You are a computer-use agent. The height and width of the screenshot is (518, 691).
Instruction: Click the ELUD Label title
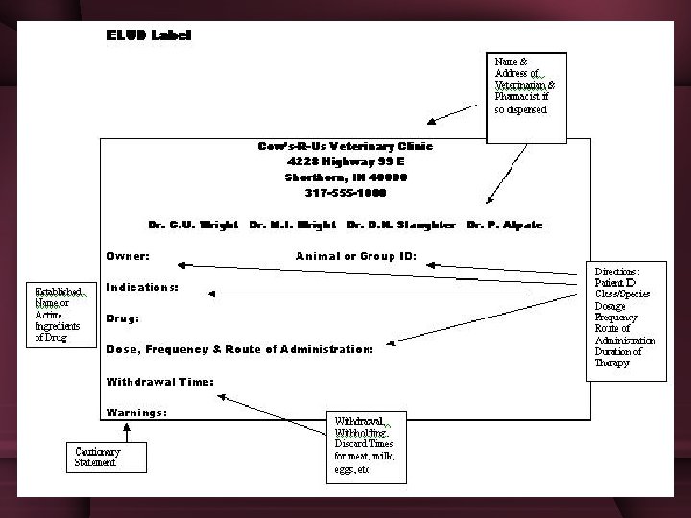pyautogui.click(x=149, y=35)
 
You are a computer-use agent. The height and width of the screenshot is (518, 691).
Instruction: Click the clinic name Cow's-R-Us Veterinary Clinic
pyautogui.click(x=345, y=146)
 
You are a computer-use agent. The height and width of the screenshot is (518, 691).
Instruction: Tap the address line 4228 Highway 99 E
pyautogui.click(x=345, y=161)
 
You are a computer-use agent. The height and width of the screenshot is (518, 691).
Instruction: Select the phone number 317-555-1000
pyautogui.click(x=345, y=192)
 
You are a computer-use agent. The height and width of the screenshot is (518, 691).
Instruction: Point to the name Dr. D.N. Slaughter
pyautogui.click(x=403, y=224)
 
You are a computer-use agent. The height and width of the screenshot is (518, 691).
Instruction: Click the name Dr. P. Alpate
pyautogui.click(x=505, y=224)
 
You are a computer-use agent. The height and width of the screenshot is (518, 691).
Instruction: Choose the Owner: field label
pyautogui.click(x=128, y=256)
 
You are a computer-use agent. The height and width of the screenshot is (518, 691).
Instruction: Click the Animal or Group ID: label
pyautogui.click(x=363, y=256)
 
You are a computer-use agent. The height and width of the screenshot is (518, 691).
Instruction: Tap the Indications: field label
pyautogui.click(x=142, y=287)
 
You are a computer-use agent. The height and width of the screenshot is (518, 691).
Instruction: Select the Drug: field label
pyautogui.click(x=123, y=318)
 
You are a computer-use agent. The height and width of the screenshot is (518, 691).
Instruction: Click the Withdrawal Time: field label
pyautogui.click(x=160, y=381)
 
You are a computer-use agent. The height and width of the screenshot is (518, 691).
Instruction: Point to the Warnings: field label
pyautogui.click(x=137, y=412)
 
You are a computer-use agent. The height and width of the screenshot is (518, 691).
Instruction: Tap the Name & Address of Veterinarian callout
pyautogui.click(x=526, y=86)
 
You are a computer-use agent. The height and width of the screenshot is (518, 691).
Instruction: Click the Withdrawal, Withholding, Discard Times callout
pyautogui.click(x=364, y=447)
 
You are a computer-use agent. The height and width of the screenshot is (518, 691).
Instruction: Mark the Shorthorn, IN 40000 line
pyautogui.click(x=345, y=177)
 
